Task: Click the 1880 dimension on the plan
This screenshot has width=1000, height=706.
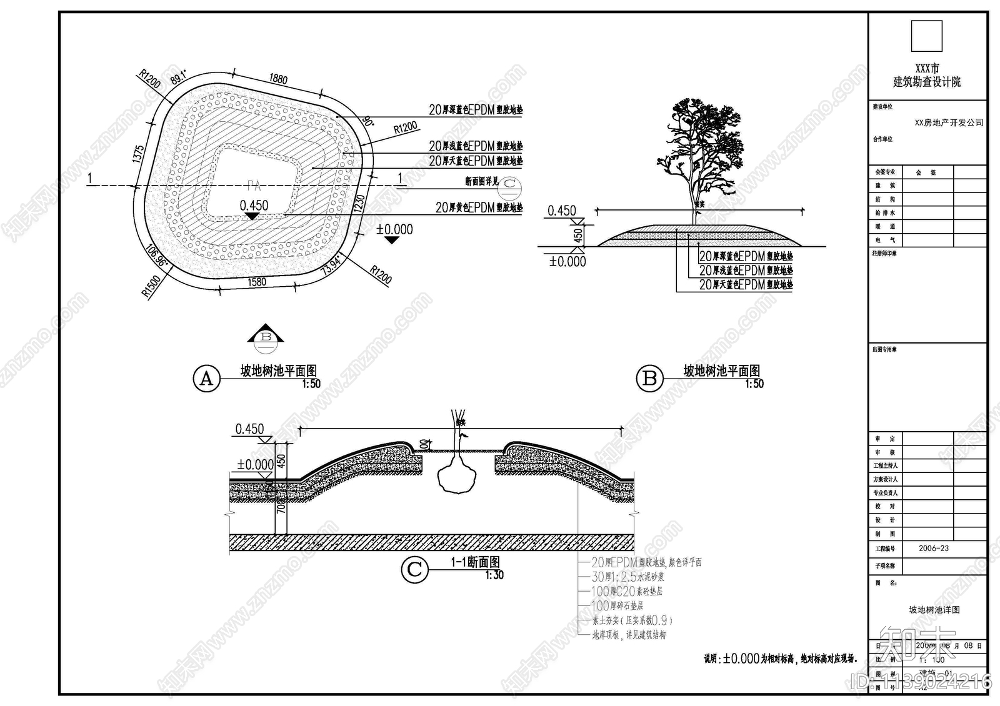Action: coord(278,79)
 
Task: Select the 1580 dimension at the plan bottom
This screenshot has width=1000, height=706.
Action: coord(257,282)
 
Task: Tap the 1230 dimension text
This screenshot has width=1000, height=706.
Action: coord(359,204)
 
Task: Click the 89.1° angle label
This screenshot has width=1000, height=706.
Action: coord(178,77)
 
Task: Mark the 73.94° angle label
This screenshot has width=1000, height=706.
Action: coord(332,266)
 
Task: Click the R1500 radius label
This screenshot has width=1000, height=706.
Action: coord(151,287)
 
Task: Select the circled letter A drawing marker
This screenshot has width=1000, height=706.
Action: coord(206,379)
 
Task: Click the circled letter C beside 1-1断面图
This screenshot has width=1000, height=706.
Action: coord(414,570)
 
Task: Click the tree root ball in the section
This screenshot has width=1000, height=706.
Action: coord(456,479)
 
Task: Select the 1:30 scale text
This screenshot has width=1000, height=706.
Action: coord(494,575)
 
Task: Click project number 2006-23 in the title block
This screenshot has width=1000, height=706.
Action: coord(933,549)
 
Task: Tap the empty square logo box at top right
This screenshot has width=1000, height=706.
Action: coord(926,36)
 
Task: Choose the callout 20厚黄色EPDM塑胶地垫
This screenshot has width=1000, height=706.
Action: coord(479,207)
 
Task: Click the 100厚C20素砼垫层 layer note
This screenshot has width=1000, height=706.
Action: coord(627,591)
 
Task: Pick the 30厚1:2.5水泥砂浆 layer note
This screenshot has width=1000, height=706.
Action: coord(628,577)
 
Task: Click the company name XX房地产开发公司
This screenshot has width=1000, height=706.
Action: coord(949,123)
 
